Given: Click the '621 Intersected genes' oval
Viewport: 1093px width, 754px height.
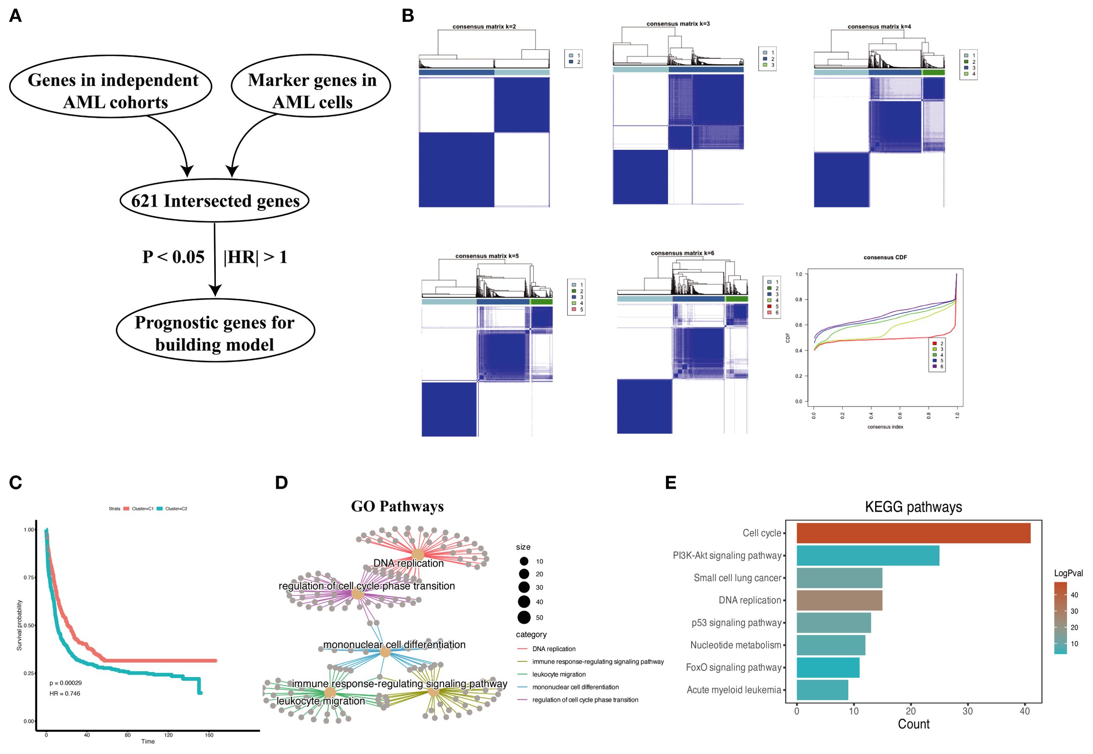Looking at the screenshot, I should click(x=215, y=201).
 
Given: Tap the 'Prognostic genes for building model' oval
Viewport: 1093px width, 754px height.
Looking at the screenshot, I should click(x=215, y=333).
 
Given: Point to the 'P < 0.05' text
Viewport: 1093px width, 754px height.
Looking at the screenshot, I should click(x=174, y=257).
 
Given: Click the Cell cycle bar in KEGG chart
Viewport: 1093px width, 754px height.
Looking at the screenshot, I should click(x=913, y=533).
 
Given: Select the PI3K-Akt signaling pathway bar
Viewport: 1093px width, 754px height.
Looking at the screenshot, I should click(x=868, y=556).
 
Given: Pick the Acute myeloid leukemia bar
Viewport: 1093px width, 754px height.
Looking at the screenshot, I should click(x=822, y=690).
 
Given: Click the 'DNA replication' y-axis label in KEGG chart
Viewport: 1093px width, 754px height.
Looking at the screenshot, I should click(x=750, y=600).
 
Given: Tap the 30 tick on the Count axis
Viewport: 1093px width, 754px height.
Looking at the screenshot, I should click(x=967, y=711).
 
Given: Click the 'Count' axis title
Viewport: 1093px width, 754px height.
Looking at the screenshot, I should click(x=913, y=724).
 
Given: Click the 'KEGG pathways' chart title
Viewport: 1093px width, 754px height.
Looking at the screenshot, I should click(x=913, y=507).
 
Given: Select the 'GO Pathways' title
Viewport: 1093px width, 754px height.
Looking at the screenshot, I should click(x=397, y=507).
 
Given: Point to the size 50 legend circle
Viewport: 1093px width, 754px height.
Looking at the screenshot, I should click(x=524, y=617).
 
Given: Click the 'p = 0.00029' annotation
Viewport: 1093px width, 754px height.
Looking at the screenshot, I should click(x=66, y=683).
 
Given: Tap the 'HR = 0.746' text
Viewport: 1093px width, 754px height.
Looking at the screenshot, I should click(x=65, y=694).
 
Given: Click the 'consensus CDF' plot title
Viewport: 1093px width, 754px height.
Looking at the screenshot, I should click(x=885, y=257).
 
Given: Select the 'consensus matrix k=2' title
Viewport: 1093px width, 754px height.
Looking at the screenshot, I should click(x=484, y=27).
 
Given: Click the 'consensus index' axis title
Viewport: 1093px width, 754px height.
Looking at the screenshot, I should click(x=885, y=427).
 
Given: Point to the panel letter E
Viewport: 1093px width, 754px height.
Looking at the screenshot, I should click(x=671, y=483).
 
